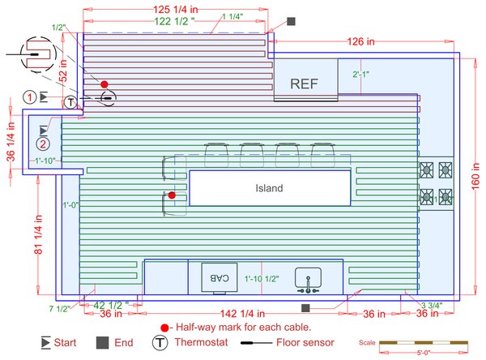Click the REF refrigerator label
tap(305, 83)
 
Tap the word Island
tap(269, 188)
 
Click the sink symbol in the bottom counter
tap(309, 279)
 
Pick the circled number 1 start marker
tap(29, 97)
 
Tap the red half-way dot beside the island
tap(172, 195)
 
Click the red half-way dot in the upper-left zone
tap(104, 84)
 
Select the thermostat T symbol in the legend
tap(160, 343)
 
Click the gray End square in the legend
tap(102, 343)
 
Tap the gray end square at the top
tap(292, 21)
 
